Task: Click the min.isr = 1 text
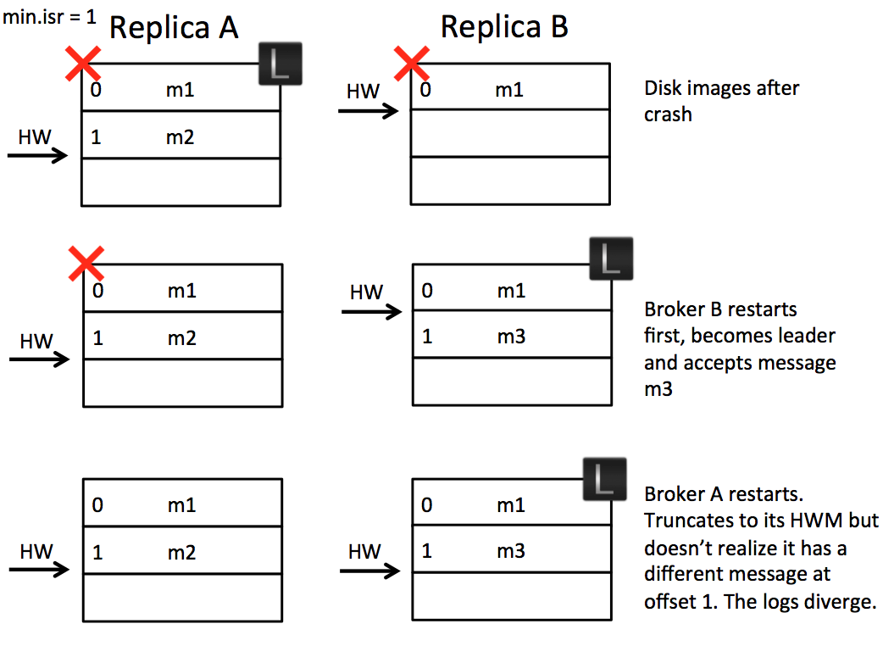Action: (49, 17)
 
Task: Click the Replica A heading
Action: (174, 28)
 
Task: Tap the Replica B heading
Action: (504, 28)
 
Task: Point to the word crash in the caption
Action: (668, 114)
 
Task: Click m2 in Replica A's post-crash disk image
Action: (180, 136)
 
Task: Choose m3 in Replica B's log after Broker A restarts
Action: (510, 551)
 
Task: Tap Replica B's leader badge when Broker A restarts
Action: (604, 479)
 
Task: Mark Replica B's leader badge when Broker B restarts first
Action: (610, 259)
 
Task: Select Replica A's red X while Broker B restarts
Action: (86, 264)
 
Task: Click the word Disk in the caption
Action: (662, 87)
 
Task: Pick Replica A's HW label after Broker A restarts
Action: (36, 552)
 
